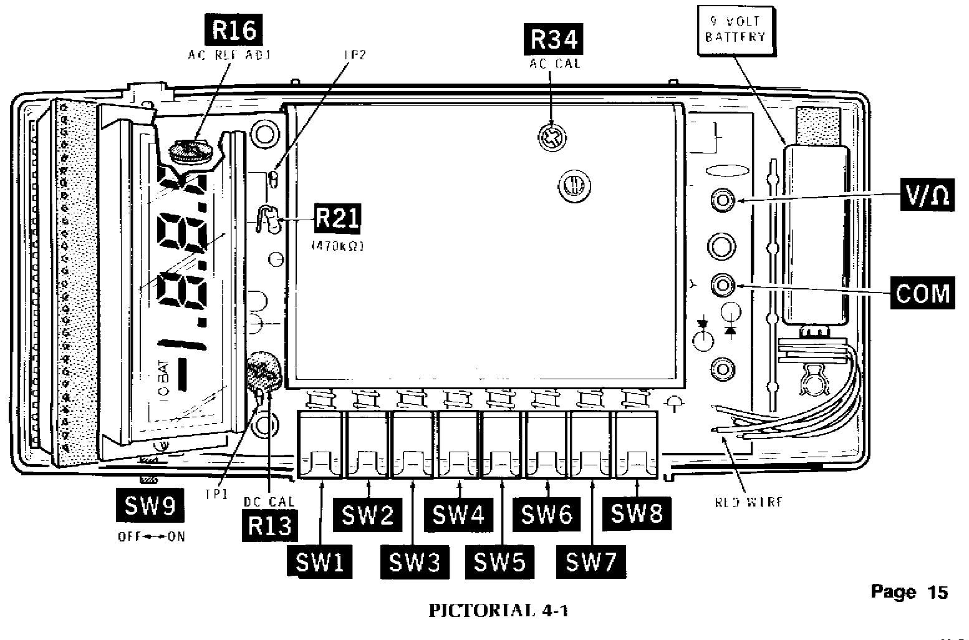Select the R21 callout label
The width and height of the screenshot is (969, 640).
click(x=337, y=220)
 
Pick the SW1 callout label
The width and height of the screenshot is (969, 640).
click(x=320, y=562)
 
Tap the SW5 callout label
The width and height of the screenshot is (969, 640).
click(x=500, y=562)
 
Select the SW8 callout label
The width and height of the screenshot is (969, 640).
click(x=637, y=513)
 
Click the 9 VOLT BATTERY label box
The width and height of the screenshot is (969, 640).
click(x=735, y=29)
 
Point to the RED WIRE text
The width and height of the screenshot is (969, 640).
click(x=748, y=502)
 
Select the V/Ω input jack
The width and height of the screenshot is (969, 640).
click(x=723, y=200)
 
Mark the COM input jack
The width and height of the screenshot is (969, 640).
click(x=723, y=285)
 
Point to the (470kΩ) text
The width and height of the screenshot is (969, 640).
click(x=337, y=246)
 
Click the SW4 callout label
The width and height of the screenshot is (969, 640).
click(x=458, y=515)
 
